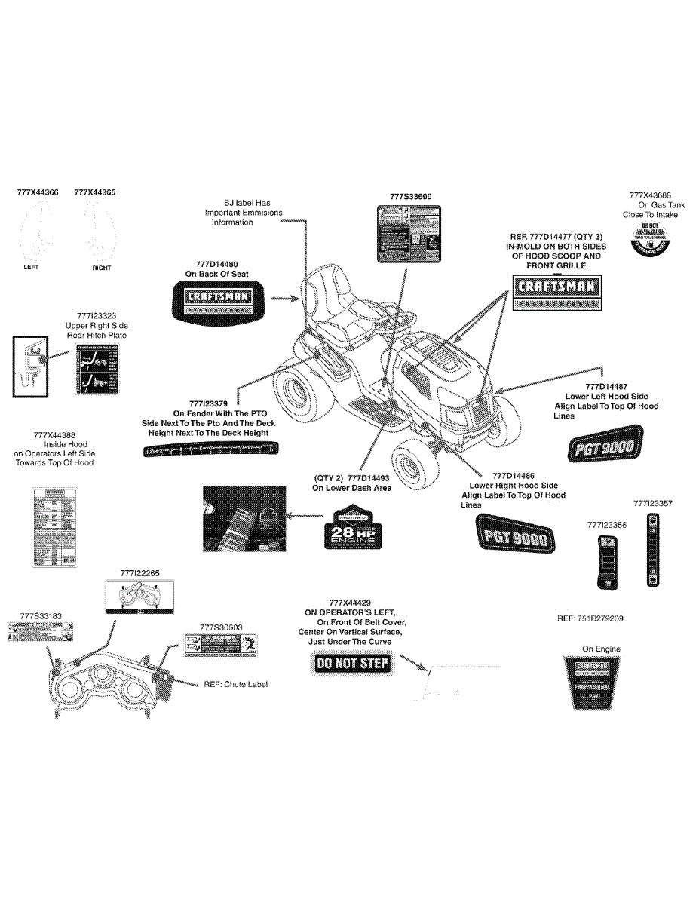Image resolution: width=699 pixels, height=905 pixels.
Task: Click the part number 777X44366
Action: (37, 192)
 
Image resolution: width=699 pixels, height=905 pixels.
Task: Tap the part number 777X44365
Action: (95, 192)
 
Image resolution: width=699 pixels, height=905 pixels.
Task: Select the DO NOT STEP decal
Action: (351, 663)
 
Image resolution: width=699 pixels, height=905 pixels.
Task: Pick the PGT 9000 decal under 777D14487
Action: (604, 443)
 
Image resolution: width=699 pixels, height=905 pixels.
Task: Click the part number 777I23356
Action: (606, 524)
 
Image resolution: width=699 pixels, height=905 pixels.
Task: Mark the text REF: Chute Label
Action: (235, 684)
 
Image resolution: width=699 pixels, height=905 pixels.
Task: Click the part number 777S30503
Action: (221, 627)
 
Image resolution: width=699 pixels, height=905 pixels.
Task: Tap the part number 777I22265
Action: (139, 573)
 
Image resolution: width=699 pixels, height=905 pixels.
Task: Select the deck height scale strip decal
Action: (209, 451)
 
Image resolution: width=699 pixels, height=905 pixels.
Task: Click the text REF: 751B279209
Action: (590, 618)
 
